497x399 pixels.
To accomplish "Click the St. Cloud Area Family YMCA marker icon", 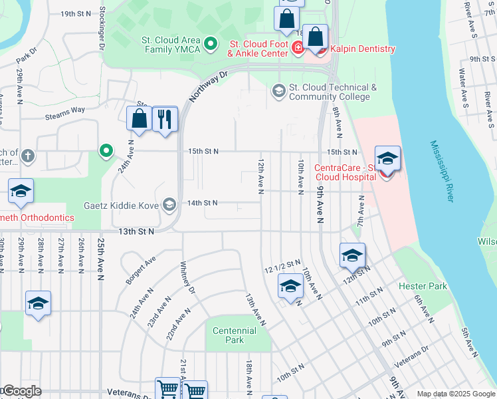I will (211, 45).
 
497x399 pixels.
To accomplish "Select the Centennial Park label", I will (234, 335).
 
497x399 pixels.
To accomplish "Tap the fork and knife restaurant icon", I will (165, 120).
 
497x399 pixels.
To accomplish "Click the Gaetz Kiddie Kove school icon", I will (170, 205).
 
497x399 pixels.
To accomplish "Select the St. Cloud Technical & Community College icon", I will (279, 90).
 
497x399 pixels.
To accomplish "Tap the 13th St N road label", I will (136, 231).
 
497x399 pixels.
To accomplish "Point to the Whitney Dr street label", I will (187, 278).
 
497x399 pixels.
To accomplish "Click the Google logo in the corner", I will (21, 391).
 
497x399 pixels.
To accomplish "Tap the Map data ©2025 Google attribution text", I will (455, 394).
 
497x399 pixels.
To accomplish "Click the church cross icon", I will (27, 156).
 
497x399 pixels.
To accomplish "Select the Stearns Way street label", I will (65, 110).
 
